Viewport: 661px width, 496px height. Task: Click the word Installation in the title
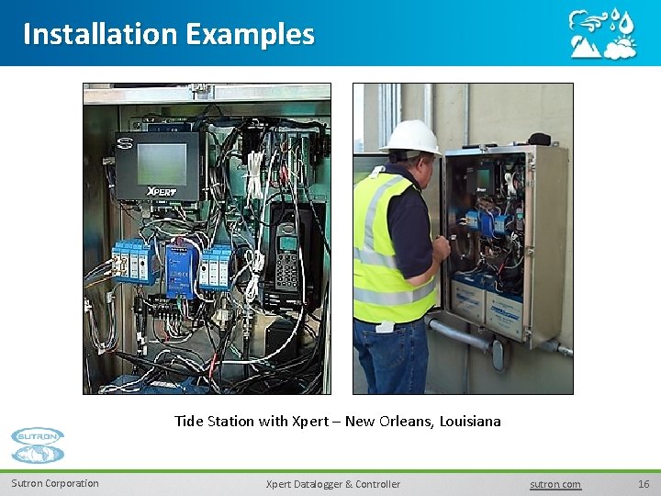point(100,34)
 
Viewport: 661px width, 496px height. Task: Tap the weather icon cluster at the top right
point(601,34)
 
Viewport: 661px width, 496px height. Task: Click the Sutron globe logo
point(38,445)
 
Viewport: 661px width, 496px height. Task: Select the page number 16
point(643,484)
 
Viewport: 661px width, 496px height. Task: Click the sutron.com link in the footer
point(555,484)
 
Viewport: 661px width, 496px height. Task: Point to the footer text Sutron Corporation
point(55,484)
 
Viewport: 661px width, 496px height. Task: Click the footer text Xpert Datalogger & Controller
point(332,484)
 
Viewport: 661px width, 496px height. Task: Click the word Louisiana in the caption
point(470,422)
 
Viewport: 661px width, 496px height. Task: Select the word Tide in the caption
point(189,422)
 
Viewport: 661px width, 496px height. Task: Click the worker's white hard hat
point(411,138)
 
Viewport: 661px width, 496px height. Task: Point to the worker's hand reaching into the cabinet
point(443,245)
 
